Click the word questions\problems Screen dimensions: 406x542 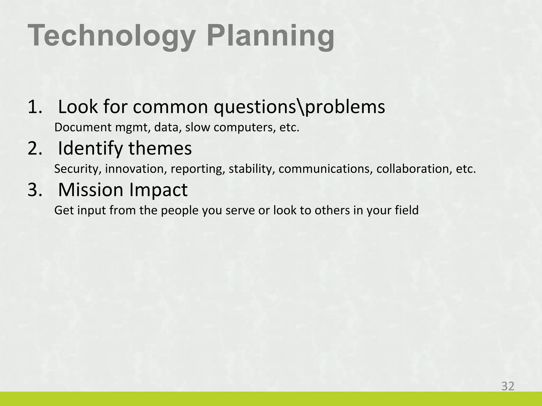click(299, 107)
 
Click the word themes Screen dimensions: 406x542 click(160, 148)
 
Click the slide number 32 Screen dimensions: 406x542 click(508, 386)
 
